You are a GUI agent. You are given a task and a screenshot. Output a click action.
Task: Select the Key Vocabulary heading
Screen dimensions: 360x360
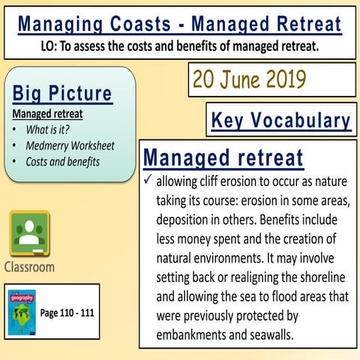coord(280,120)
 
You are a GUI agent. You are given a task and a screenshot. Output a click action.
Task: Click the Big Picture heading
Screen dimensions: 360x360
coord(62,94)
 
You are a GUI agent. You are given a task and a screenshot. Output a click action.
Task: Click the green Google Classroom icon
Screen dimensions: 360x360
coord(29,233)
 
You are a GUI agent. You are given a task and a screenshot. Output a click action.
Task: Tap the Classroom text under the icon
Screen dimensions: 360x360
coord(30,266)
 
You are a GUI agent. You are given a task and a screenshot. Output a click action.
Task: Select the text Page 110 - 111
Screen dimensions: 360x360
coord(66,311)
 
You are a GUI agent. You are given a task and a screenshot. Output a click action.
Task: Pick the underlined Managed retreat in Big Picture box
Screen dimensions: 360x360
coord(47,114)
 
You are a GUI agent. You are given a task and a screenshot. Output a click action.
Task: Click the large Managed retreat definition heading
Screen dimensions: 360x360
coord(223,159)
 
